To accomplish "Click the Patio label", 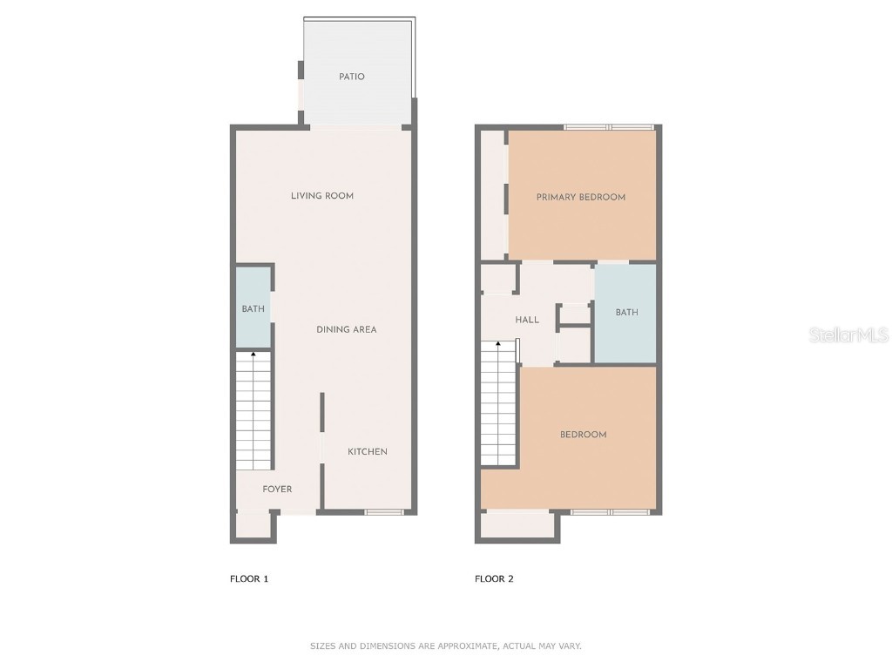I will tap(352, 77).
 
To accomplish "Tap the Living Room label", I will tap(322, 196).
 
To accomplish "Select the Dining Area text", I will tap(346, 329).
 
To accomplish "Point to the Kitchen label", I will tap(368, 451).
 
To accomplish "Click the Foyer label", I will tap(277, 490).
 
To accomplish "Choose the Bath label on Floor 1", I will tap(253, 309).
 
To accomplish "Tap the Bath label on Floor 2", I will tap(626, 312).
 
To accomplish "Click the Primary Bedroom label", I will tap(580, 197).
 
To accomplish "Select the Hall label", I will tap(527, 320).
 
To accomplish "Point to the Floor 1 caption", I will tap(249, 578).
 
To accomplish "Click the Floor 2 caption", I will tap(494, 578).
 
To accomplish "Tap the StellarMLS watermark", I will tap(848, 334).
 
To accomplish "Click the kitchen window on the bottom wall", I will tap(383, 511).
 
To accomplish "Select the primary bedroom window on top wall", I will tap(608, 127).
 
